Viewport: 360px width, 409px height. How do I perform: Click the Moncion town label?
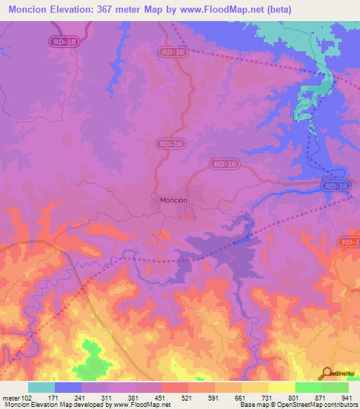tap(173, 200)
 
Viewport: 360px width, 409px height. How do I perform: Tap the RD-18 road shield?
tap(63, 42)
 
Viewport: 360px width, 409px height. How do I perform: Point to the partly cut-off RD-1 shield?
tap(349, 242)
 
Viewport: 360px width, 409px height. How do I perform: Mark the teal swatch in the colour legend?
tap(41, 387)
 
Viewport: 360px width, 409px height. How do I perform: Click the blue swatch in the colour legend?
tap(68, 387)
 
